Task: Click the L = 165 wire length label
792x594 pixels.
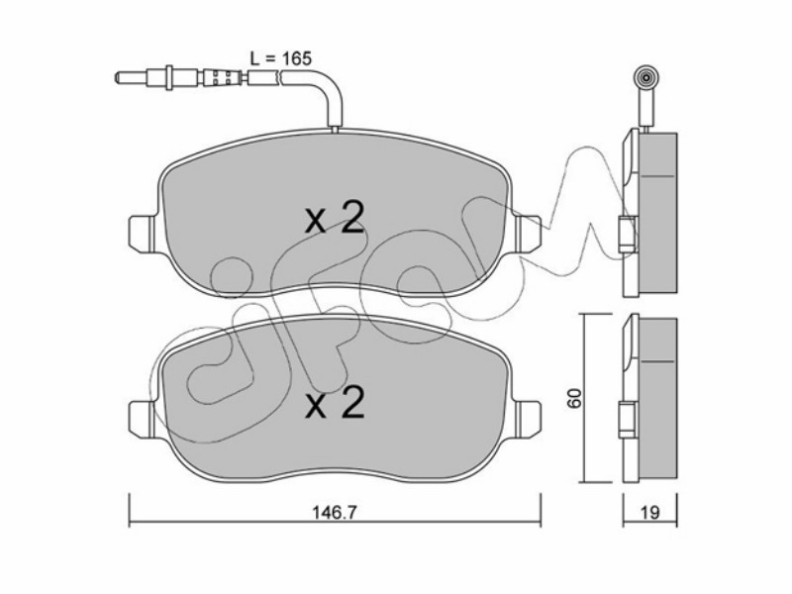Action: (281, 58)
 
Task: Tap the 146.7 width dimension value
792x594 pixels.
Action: (335, 513)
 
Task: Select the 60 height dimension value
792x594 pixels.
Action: (575, 398)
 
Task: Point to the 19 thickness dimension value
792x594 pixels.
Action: (650, 513)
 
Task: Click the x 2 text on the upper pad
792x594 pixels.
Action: (335, 219)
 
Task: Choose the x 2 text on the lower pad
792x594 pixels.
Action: (335, 403)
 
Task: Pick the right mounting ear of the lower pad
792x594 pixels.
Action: (527, 418)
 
